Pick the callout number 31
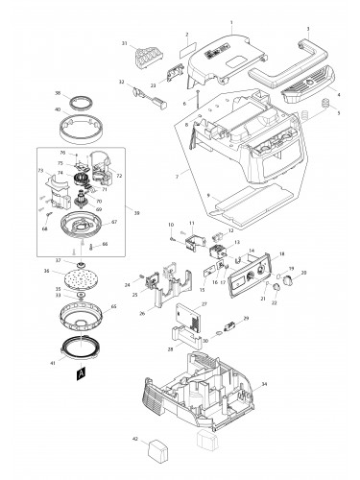click(x=125, y=43)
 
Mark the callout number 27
click(x=204, y=303)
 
